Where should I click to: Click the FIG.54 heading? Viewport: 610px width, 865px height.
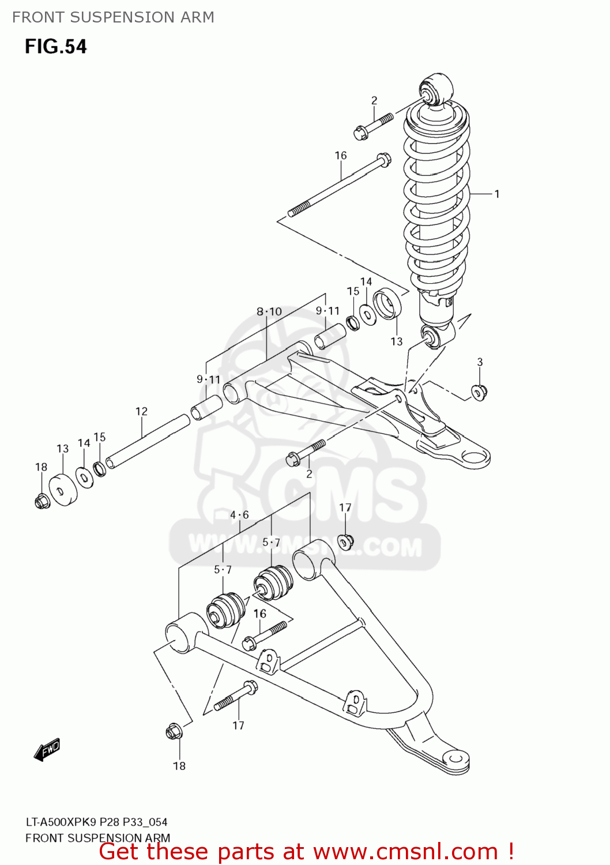55,46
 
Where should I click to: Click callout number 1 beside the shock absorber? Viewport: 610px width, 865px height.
496,194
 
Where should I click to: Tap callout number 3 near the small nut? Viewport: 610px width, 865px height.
480,362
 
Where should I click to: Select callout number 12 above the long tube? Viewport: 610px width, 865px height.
141,411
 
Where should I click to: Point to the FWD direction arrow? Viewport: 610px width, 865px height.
47,750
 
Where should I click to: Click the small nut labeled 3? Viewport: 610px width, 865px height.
479,392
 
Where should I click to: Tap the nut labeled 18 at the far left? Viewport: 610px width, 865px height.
42,501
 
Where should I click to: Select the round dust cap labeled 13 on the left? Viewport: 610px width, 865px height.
63,490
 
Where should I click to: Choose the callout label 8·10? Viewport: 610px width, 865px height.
269,312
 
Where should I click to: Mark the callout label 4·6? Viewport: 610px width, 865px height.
239,515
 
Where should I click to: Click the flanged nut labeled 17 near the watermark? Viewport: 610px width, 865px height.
345,541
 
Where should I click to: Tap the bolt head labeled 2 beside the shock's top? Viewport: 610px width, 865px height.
362,133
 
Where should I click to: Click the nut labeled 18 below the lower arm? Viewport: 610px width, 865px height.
174,732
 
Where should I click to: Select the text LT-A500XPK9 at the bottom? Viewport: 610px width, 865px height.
61,822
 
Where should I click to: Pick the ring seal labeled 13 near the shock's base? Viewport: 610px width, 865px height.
387,306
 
